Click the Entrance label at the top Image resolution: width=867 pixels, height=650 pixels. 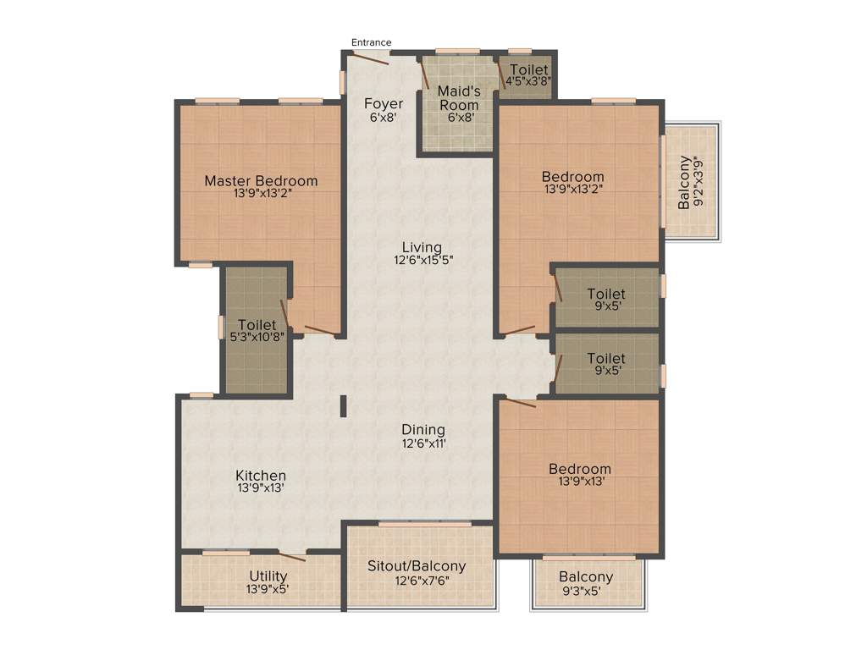(372, 42)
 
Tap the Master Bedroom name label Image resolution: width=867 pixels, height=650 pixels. (261, 180)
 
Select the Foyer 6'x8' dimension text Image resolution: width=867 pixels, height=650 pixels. (384, 118)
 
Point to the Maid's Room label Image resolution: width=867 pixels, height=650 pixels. (459, 98)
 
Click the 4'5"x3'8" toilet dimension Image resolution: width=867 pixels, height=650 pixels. (528, 82)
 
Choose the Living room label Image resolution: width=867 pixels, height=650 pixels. (422, 247)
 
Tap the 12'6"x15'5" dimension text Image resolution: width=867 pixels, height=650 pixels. (422, 261)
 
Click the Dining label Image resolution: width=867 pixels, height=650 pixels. (423, 430)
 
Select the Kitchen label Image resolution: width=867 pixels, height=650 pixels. (261, 476)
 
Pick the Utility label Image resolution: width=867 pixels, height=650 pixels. (268, 576)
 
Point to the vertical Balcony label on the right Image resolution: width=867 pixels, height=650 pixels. (684, 182)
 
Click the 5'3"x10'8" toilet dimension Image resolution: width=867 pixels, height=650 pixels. (257, 336)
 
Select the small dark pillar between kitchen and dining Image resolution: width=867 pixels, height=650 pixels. (343, 406)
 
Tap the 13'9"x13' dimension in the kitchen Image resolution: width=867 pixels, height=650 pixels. (261, 488)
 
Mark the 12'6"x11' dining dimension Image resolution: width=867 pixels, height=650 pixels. (423, 443)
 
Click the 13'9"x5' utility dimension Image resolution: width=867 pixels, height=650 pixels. (268, 589)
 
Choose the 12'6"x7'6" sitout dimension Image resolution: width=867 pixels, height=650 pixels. (420, 580)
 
